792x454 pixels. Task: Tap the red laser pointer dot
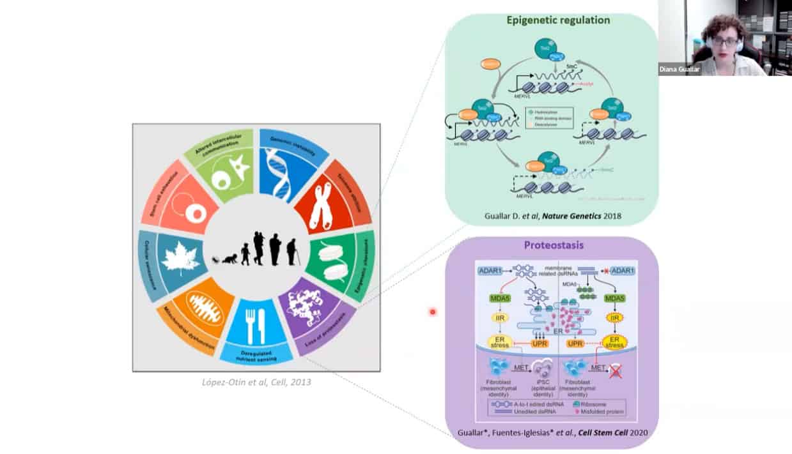(433, 312)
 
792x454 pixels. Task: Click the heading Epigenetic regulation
(558, 20)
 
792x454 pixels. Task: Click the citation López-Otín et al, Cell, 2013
(256, 382)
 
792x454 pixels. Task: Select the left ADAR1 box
(493, 271)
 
